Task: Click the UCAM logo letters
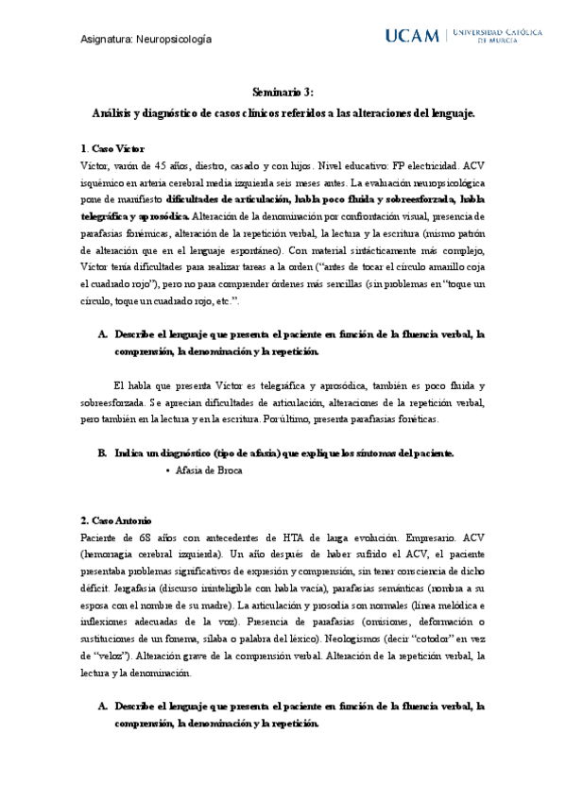click(x=413, y=37)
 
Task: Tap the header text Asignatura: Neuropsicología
click(x=146, y=39)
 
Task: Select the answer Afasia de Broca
click(x=210, y=469)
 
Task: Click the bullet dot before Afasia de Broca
click(x=167, y=469)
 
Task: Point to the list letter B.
click(x=102, y=452)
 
